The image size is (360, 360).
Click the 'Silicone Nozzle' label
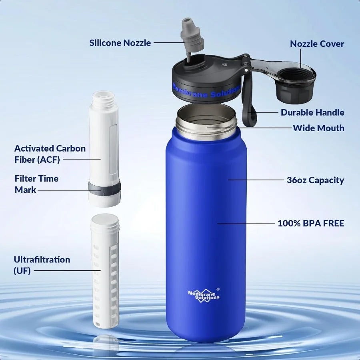click(120, 42)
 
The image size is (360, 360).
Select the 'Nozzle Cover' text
click(317, 44)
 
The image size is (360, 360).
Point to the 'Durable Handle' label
click(312, 112)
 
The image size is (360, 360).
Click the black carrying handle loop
click(250, 100)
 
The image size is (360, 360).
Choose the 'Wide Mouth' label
click(318, 128)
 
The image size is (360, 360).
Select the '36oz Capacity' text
click(315, 180)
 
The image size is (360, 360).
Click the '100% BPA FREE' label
click(311, 223)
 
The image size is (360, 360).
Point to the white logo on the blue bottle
click(204, 295)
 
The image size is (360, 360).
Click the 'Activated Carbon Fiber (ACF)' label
click(50, 154)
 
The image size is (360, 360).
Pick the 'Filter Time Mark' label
click(36, 184)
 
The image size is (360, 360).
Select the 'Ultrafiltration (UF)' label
click(42, 265)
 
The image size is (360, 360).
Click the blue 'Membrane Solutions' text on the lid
click(206, 90)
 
